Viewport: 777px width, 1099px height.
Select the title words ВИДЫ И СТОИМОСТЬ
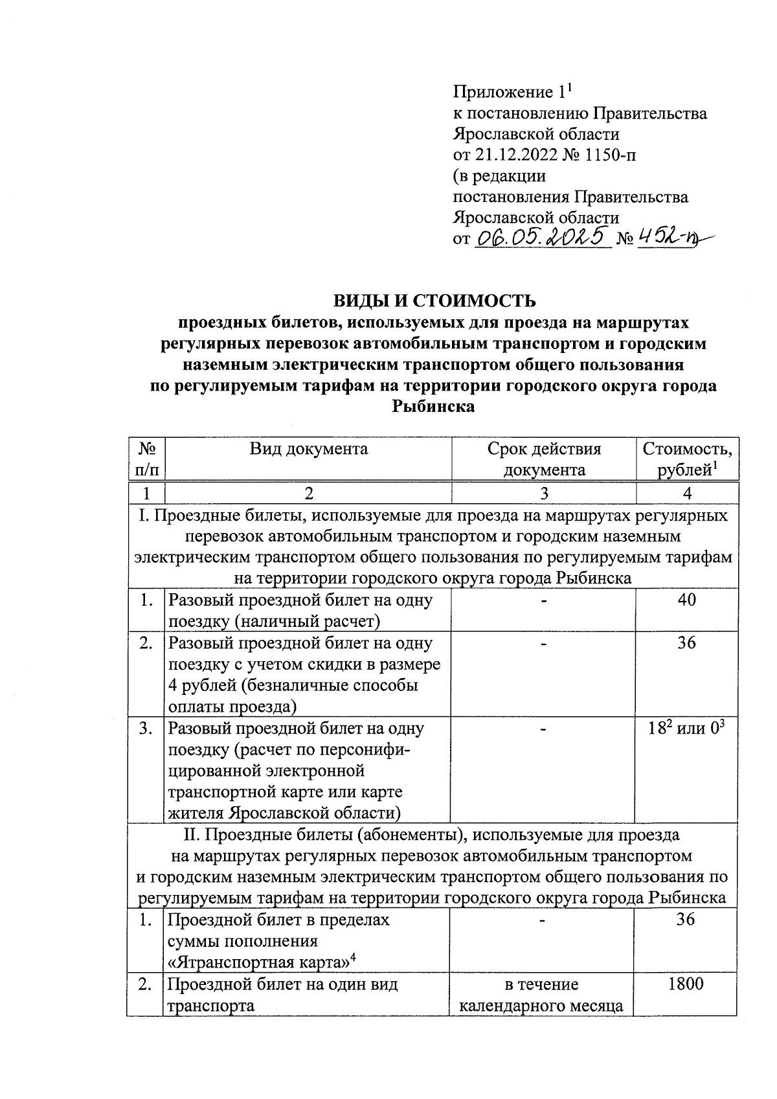434,300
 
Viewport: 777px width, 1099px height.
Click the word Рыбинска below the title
433,407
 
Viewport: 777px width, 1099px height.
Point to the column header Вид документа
309,449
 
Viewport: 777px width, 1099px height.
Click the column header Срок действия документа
544,459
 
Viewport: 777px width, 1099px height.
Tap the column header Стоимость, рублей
687,459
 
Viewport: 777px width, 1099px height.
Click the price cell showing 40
686,600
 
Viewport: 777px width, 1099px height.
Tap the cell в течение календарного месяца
541,995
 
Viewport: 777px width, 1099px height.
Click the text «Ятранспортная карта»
259,962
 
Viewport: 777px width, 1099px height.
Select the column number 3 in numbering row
544,493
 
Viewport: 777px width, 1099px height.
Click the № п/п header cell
146,459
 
